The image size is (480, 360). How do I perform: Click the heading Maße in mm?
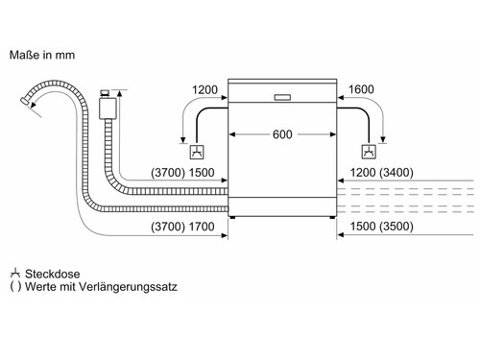tap(42, 55)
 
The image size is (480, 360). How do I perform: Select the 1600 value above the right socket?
tap(362, 90)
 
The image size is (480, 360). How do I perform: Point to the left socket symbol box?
tap(195, 152)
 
